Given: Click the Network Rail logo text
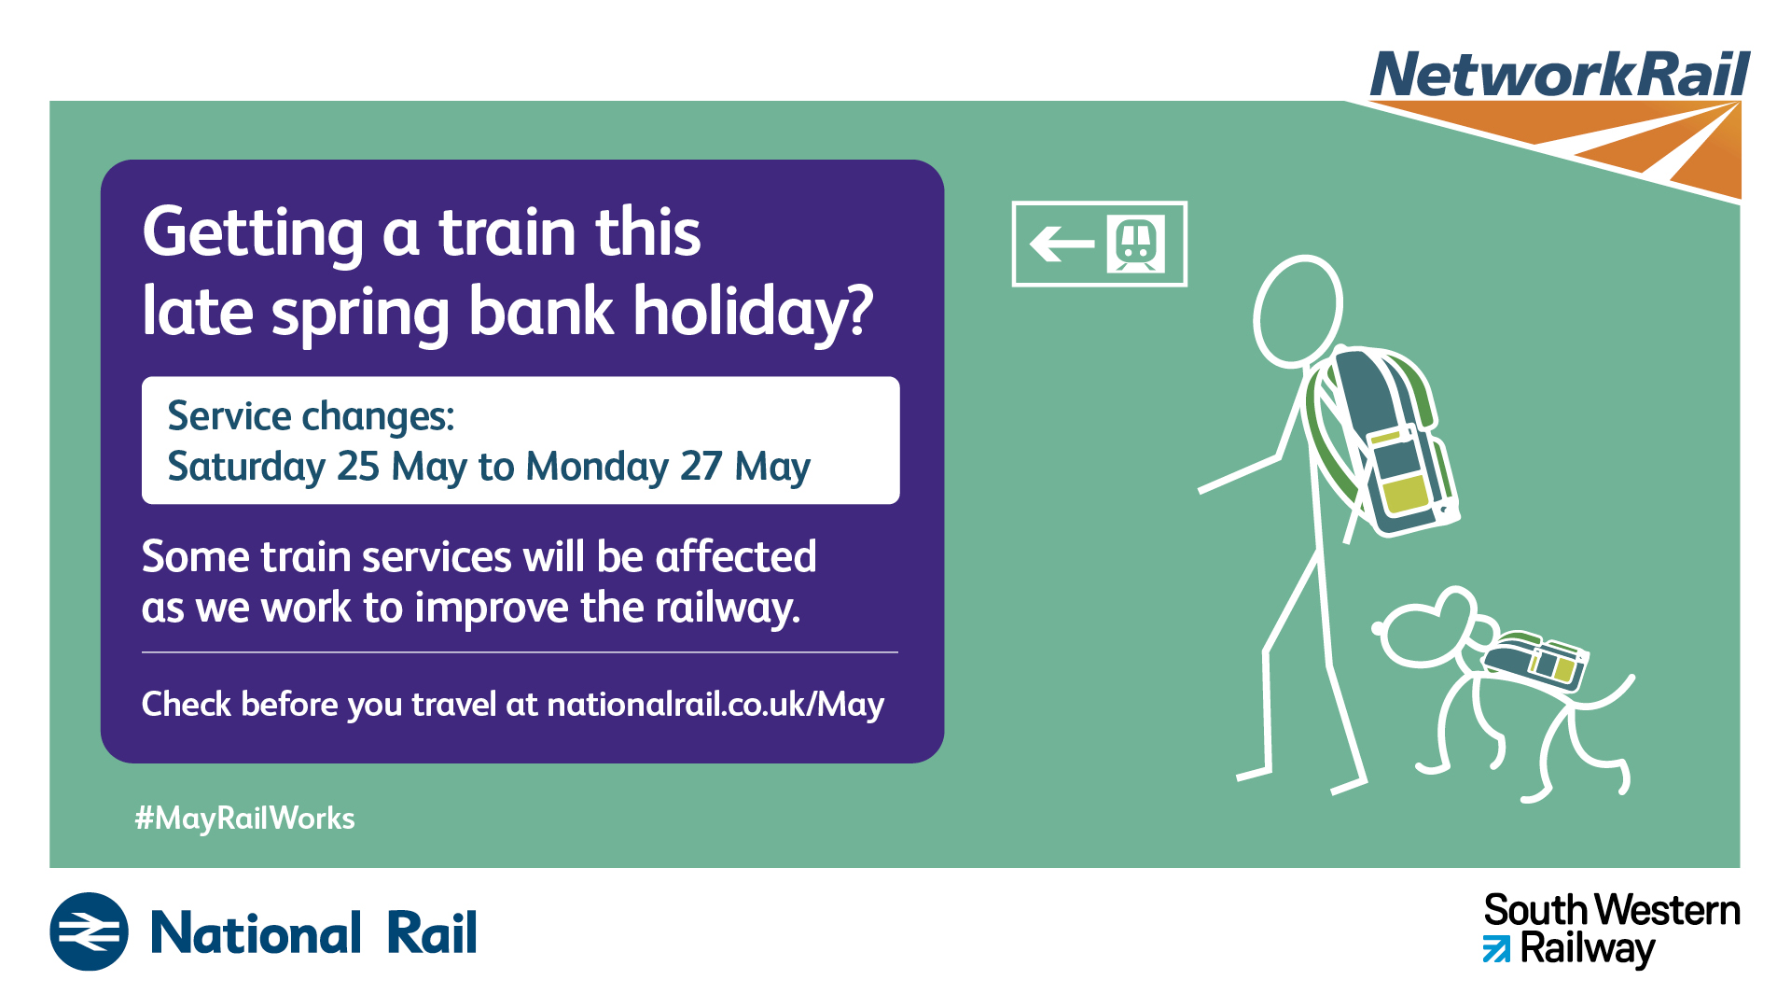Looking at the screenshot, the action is (1560, 75).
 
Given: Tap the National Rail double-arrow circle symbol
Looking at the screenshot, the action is (89, 931).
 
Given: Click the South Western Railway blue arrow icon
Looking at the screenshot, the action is (1496, 950).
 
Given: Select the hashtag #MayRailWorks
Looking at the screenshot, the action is (244, 819).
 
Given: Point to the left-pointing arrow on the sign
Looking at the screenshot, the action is (1062, 245).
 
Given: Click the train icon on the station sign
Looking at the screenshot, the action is (1135, 244).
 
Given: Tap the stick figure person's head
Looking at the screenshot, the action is (1298, 311).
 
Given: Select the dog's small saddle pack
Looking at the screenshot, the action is (1535, 660).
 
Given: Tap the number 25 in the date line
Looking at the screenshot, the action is (358, 466).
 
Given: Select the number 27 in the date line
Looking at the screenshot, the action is (701, 466).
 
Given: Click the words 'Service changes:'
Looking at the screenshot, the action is (311, 416).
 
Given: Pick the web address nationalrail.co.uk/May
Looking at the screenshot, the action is (715, 704).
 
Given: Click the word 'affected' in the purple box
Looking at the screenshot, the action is (736, 556).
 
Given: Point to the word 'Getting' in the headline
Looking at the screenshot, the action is (253, 233).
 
